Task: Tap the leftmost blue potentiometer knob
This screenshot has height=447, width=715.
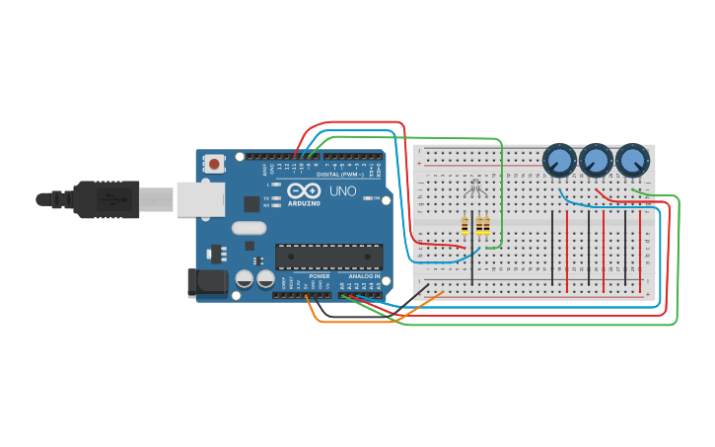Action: (559, 159)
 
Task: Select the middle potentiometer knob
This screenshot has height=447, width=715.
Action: (596, 159)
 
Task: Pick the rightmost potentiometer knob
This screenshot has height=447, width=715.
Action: (632, 159)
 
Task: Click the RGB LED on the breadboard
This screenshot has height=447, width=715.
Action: (473, 189)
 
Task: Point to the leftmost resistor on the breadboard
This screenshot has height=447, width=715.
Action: (465, 228)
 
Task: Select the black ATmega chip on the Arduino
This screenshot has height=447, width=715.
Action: (328, 257)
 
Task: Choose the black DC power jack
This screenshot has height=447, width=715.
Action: (208, 283)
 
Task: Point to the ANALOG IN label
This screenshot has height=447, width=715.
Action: (362, 276)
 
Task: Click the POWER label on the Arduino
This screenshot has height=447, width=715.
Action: (319, 276)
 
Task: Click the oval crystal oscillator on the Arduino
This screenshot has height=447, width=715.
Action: (250, 229)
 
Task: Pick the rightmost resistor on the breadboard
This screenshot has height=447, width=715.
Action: (482, 228)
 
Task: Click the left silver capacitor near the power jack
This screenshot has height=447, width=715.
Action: (245, 280)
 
